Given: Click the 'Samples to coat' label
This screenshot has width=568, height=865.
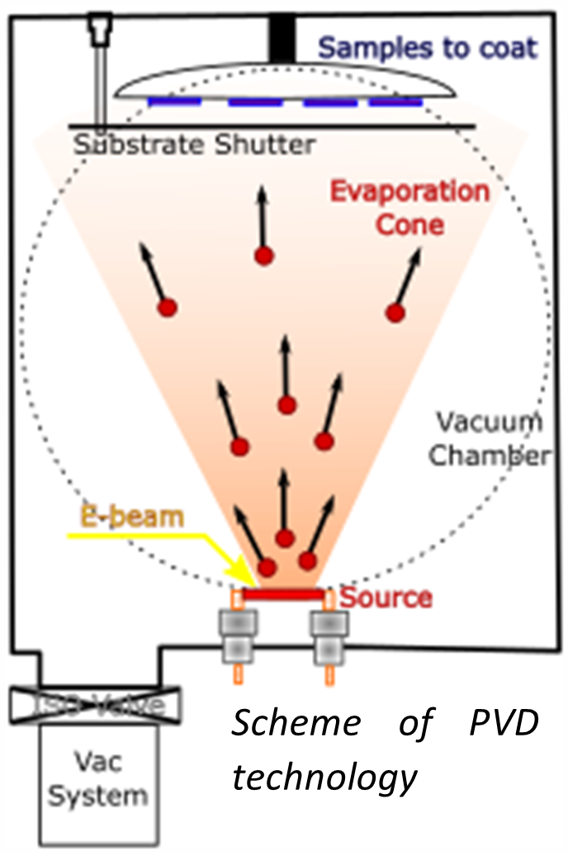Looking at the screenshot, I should (x=427, y=47).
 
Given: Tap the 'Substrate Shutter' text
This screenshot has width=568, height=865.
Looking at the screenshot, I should (x=194, y=145).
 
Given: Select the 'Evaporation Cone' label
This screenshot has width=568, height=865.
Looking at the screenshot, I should (x=409, y=207).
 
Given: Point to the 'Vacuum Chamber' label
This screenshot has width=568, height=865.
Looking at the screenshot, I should (x=492, y=438).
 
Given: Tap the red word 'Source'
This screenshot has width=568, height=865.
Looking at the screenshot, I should (x=386, y=597).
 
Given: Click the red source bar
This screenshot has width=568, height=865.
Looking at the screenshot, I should (x=282, y=594).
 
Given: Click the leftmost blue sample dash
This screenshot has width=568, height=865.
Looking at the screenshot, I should (x=174, y=102).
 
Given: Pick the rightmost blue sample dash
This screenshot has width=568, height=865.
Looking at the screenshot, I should (x=395, y=102).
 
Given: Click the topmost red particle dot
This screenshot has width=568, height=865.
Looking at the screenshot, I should (x=263, y=256).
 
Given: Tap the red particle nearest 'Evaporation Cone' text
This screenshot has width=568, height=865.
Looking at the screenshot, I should (x=395, y=312).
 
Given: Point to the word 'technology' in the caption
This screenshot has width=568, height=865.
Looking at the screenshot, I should (x=323, y=776).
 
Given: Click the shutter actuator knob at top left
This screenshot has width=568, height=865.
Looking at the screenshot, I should (x=101, y=29).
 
